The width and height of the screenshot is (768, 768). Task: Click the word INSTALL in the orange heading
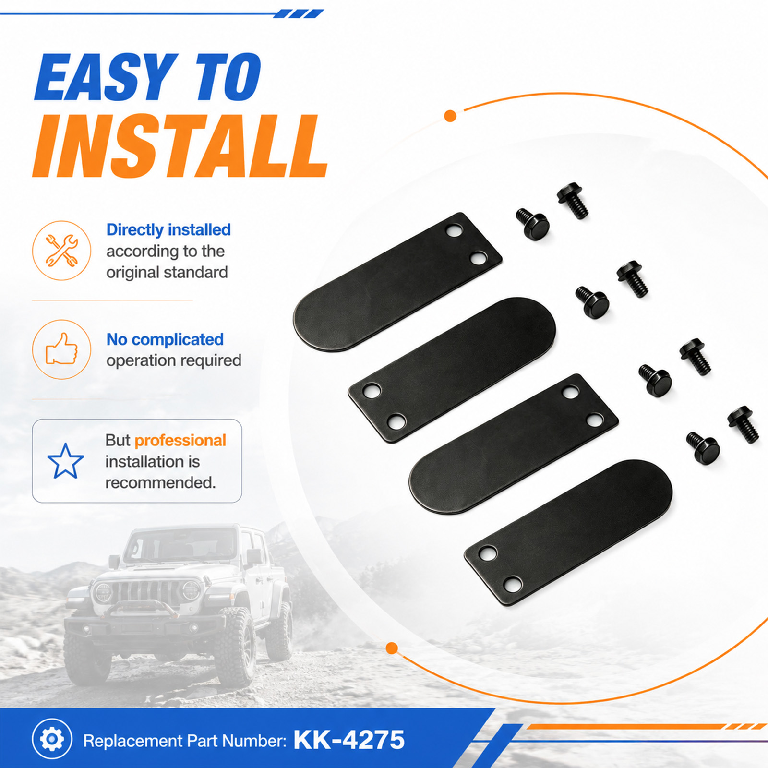point(180,146)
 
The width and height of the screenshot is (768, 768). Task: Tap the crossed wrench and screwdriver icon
point(61,251)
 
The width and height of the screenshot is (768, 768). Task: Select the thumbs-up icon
point(61,349)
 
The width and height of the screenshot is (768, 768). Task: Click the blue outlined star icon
point(66,461)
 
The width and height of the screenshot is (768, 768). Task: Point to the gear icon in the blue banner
point(52,739)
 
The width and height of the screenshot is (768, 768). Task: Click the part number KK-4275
point(349,740)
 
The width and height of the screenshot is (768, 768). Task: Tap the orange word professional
point(180,441)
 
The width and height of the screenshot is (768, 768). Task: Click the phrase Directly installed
point(168,230)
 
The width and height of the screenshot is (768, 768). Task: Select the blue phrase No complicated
point(165,339)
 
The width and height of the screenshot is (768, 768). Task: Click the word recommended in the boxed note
point(160,482)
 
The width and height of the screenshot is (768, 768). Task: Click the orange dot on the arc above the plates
point(450,116)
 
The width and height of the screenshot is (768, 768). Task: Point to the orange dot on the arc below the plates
point(392,648)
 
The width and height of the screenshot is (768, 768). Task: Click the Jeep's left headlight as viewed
point(103,592)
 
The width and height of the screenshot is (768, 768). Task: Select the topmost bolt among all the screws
point(573,201)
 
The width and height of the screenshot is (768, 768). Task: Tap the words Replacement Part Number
point(185,741)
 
